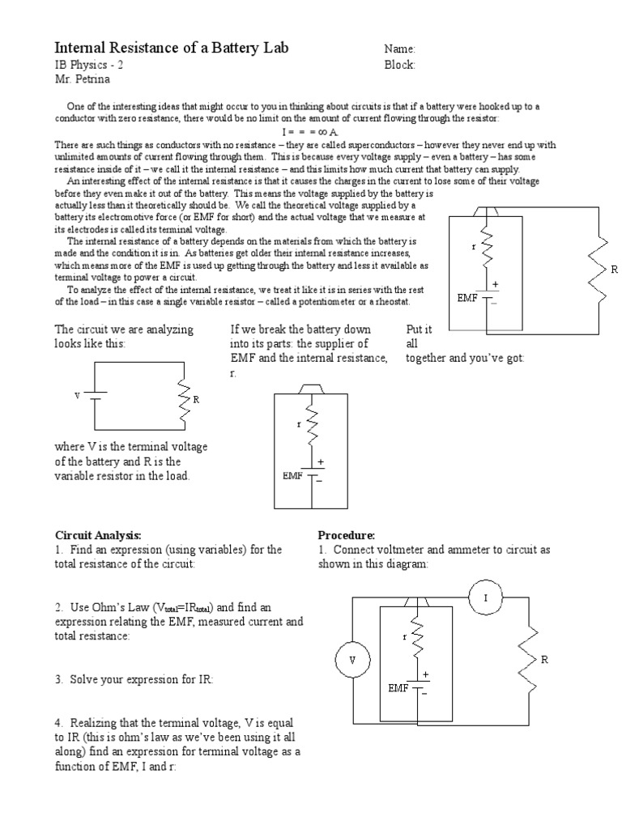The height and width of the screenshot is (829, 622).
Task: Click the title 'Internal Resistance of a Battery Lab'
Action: [171, 48]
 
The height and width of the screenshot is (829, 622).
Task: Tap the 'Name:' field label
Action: [400, 49]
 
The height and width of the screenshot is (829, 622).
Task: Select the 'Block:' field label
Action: [400, 66]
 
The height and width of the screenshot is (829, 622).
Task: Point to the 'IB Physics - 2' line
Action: [89, 66]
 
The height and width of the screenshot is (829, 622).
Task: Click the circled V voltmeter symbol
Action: [352, 660]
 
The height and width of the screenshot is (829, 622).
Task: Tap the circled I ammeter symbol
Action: [486, 597]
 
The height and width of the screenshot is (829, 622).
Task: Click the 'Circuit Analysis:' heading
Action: [98, 536]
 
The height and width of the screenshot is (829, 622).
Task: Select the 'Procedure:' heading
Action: [346, 536]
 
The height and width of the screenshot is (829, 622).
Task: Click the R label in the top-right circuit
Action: [614, 269]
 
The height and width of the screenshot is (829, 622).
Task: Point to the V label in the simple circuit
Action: [77, 396]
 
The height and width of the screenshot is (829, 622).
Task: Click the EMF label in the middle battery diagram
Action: [292, 475]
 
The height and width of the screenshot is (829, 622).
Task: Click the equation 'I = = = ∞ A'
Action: [311, 131]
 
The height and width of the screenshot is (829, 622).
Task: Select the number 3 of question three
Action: [58, 678]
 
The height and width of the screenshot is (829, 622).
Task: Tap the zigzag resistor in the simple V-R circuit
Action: [185, 400]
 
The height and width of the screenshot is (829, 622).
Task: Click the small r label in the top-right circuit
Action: [473, 245]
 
